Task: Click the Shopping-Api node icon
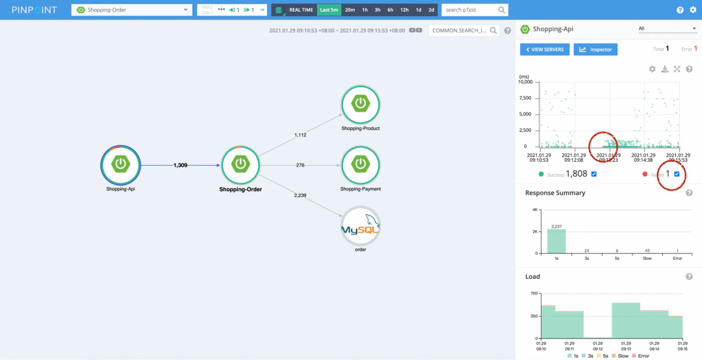[120, 164]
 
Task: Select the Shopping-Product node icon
[360, 104]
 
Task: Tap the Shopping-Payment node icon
[360, 164]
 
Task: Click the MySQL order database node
[360, 225]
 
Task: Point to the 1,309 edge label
[180, 166]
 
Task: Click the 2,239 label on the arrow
[300, 195]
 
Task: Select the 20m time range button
[350, 10]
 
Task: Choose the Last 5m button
[329, 10]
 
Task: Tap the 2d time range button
[431, 10]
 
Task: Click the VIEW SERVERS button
[545, 49]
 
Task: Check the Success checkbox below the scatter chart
[594, 174]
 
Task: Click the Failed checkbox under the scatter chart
[677, 174]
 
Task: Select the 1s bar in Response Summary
[556, 240]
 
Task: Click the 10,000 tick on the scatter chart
[524, 82]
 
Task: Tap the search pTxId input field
[469, 10]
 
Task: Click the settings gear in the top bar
[693, 10]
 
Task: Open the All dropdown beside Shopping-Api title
[667, 29]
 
